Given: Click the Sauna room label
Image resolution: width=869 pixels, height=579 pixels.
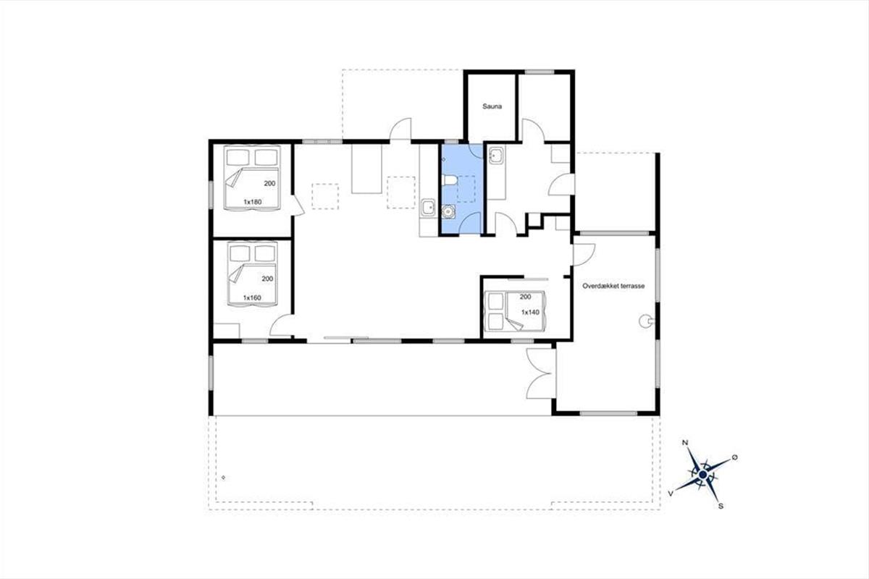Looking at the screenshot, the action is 492,106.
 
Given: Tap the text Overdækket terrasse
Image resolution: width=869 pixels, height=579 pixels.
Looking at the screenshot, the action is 613,286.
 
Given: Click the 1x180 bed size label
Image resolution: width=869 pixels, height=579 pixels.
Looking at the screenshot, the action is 253,202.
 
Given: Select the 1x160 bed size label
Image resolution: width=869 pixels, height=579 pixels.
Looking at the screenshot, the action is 252,298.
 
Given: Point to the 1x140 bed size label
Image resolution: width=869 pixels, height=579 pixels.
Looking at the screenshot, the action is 530,312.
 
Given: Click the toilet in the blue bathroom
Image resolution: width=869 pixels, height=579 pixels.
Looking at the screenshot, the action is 448,180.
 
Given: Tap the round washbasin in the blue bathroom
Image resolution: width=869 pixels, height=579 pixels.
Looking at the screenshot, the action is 448,212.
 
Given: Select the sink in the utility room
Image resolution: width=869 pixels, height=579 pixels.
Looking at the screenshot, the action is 496,156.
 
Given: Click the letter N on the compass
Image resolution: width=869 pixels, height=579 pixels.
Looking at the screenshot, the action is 686,442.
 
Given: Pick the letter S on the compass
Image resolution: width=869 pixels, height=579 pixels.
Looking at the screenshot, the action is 721,507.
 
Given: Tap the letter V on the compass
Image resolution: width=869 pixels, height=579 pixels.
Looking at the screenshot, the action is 670,493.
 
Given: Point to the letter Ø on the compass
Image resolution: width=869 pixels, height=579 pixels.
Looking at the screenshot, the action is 734,457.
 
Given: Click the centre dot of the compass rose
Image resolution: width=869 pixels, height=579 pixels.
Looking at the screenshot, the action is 702,475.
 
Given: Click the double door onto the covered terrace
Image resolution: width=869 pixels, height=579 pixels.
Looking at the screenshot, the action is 540,373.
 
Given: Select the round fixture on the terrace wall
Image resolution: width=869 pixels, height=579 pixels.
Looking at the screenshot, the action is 645,321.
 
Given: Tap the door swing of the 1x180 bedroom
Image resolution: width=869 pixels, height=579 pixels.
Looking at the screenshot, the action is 298,205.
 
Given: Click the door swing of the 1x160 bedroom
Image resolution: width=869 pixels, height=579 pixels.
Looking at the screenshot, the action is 282,326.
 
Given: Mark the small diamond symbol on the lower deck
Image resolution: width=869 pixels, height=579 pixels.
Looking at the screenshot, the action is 224,478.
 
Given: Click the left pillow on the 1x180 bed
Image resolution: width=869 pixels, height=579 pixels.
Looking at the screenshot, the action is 238,157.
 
